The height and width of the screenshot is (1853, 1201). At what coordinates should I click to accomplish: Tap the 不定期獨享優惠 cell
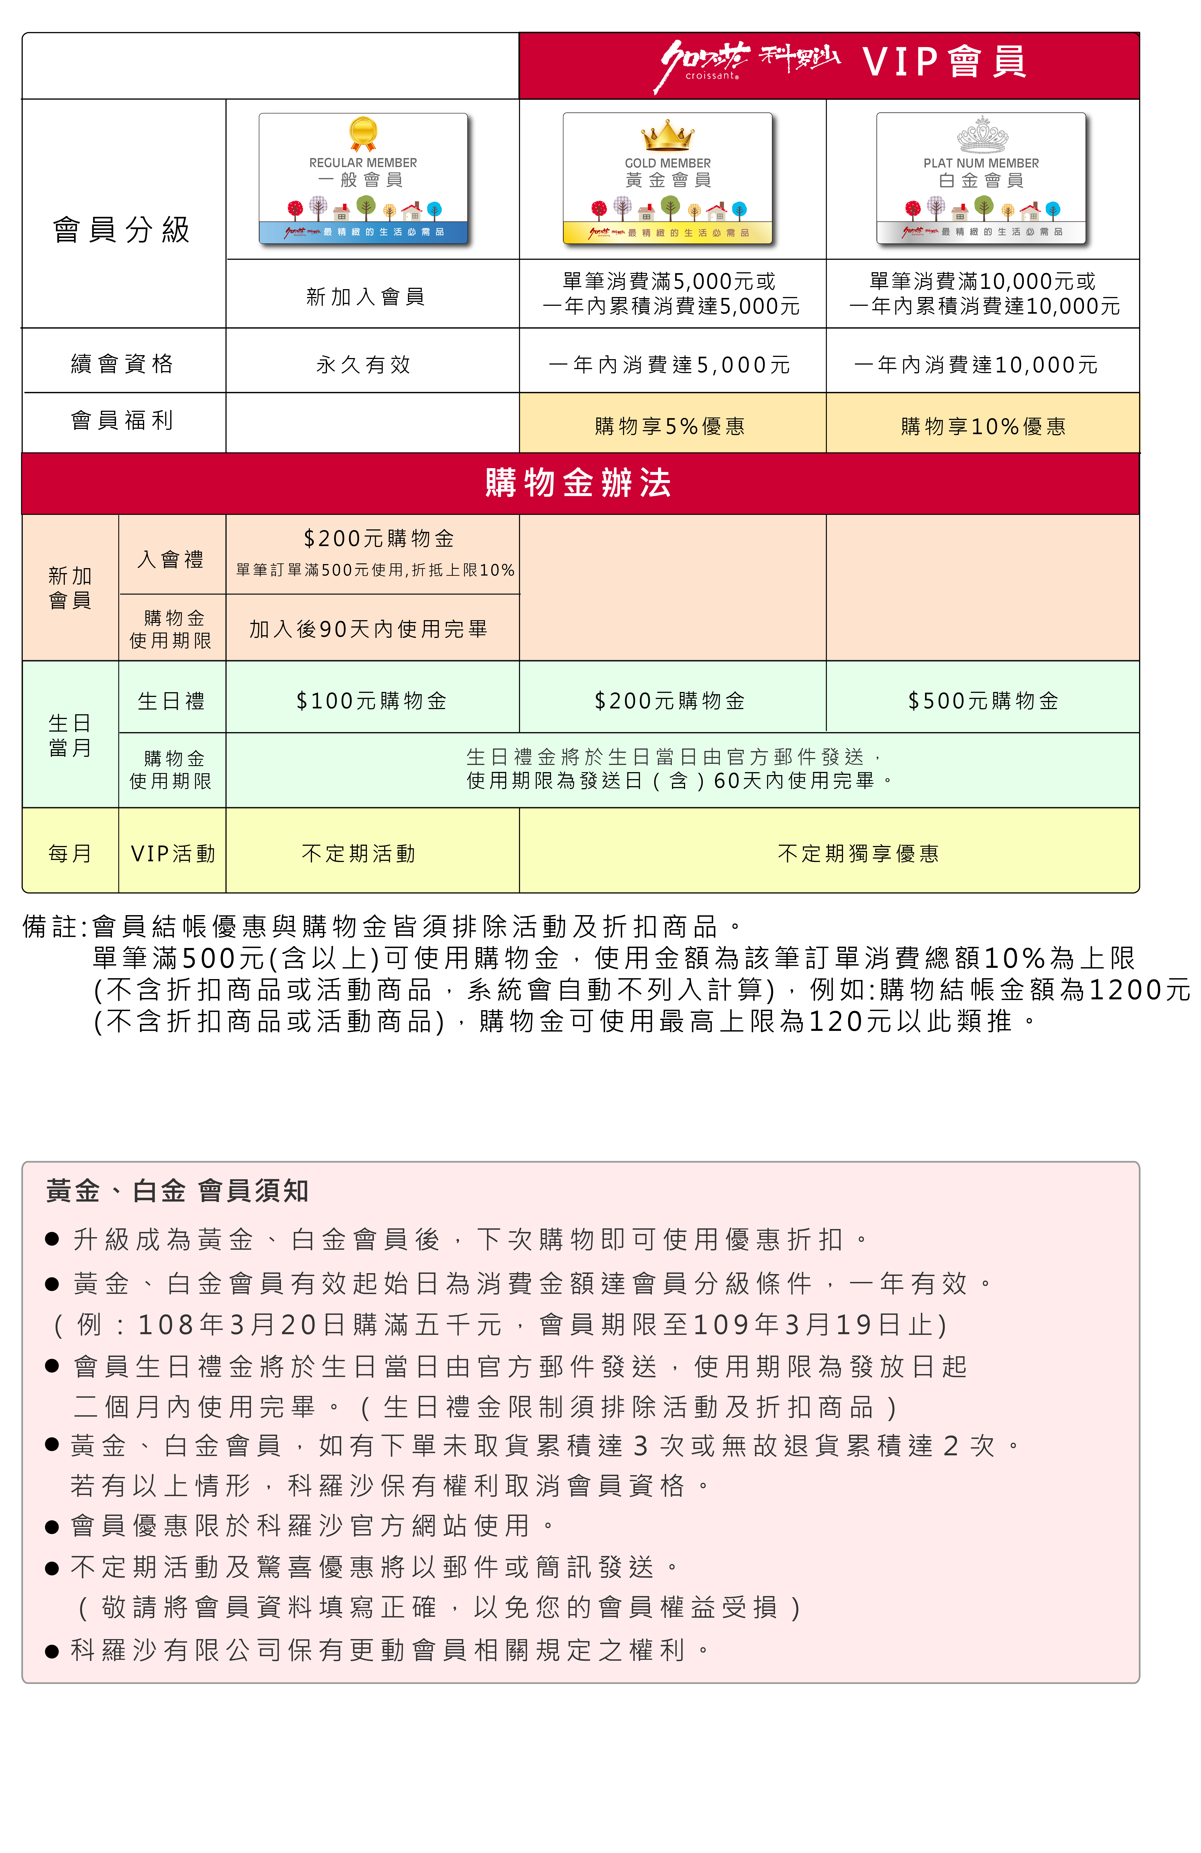tap(858, 853)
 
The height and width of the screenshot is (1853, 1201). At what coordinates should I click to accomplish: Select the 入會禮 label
tap(171, 559)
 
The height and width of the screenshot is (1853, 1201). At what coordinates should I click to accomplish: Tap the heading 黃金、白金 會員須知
tap(177, 1191)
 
